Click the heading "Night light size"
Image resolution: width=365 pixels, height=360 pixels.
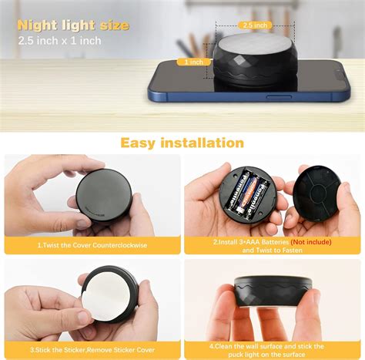73,25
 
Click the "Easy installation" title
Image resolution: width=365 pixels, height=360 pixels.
182,143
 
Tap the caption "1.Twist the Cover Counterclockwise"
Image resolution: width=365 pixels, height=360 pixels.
92,244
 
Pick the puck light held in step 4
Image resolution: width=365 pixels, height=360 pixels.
273,293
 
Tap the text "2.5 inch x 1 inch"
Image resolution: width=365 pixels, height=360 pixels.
59,41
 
